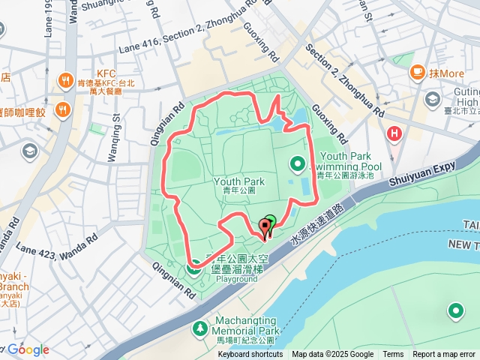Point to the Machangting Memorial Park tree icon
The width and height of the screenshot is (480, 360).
click(x=200, y=328)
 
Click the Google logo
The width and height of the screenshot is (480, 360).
click(x=28, y=349)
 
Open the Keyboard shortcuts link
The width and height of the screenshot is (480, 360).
click(x=250, y=355)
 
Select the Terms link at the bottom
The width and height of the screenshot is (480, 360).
click(x=393, y=355)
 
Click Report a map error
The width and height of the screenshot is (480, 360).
click(x=444, y=355)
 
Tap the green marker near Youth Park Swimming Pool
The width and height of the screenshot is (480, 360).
click(x=297, y=163)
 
